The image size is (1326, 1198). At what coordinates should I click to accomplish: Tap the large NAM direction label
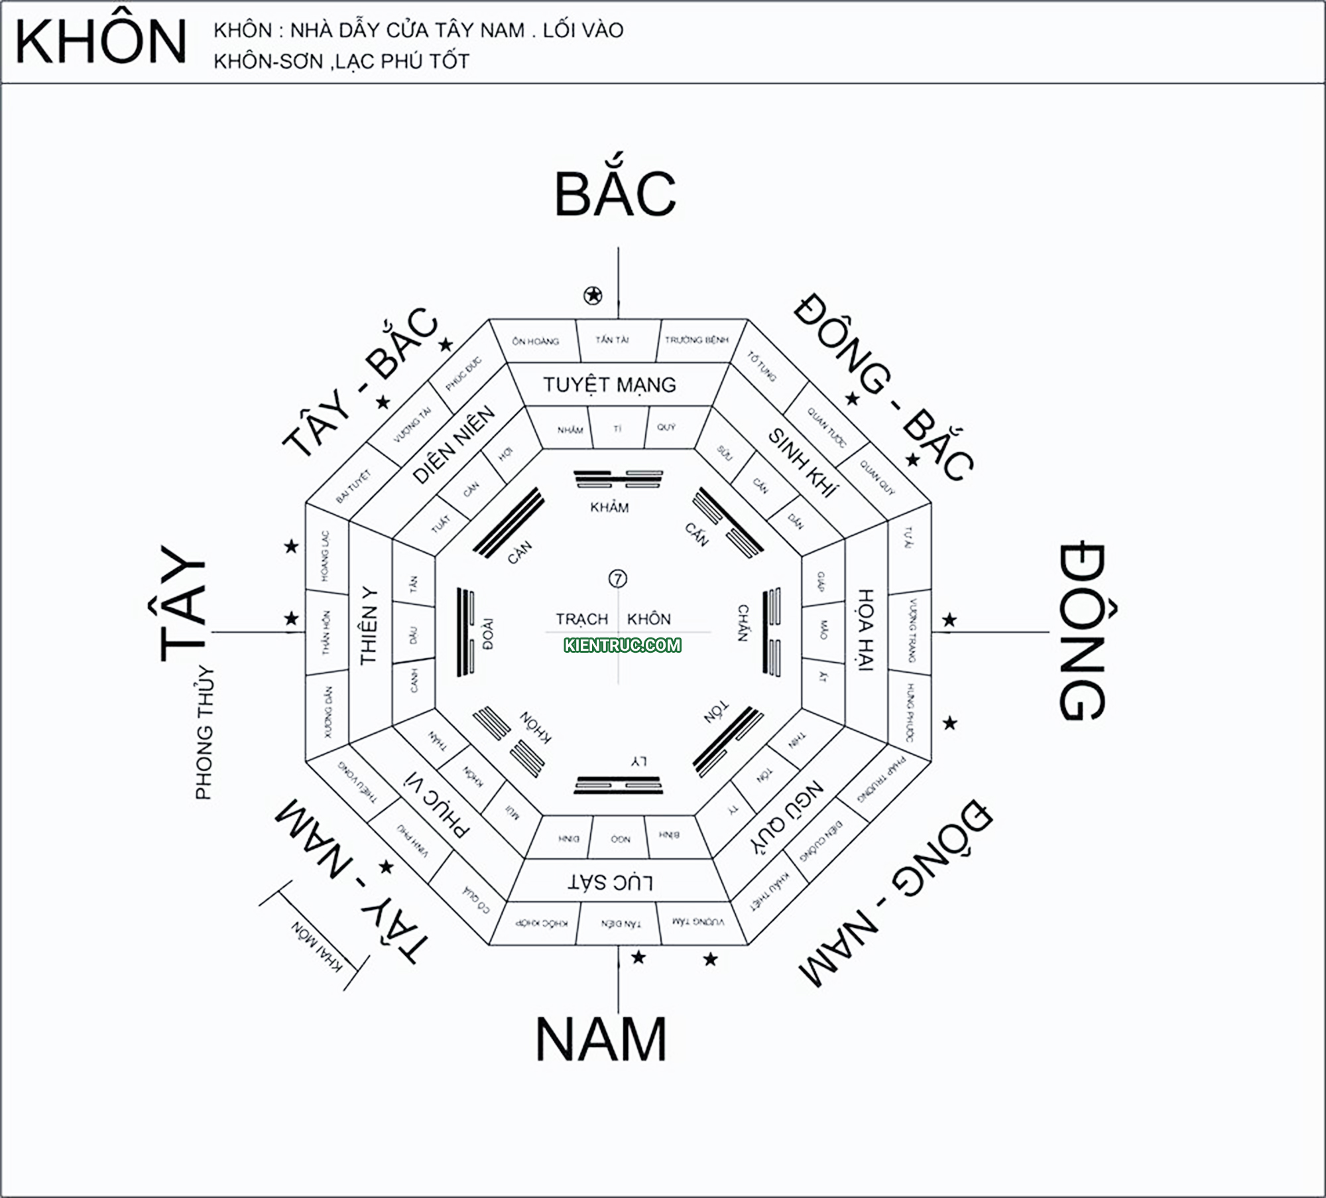click(x=601, y=1039)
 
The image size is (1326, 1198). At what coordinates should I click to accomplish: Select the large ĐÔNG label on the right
click(x=1081, y=632)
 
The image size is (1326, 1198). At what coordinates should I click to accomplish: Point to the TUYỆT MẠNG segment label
click(x=609, y=385)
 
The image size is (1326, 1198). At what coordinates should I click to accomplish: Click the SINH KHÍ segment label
click(x=803, y=462)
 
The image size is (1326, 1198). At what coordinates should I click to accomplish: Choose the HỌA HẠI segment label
click(x=865, y=630)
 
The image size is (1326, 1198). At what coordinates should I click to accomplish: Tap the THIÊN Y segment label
click(x=369, y=626)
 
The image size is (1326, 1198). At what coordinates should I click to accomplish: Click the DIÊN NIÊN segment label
click(x=453, y=444)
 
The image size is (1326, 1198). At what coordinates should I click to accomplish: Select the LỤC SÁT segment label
click(x=611, y=882)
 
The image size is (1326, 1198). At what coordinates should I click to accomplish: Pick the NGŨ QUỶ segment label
click(x=787, y=816)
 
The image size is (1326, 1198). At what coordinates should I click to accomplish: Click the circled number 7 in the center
click(x=617, y=579)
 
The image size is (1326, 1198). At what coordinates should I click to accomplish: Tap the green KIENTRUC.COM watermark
click(x=622, y=645)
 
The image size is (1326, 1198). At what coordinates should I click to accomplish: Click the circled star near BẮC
click(x=593, y=295)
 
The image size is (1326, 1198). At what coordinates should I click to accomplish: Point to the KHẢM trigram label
click(x=609, y=507)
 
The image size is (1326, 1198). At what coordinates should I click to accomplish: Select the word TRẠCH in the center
click(x=581, y=619)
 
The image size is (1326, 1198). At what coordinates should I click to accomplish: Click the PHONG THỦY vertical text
click(x=205, y=733)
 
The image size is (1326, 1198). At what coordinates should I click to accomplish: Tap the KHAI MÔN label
click(x=317, y=947)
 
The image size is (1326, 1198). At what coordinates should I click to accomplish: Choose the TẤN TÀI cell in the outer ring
click(x=612, y=340)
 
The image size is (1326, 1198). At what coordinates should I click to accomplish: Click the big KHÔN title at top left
click(x=101, y=42)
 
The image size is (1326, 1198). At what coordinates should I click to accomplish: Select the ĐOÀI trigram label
click(x=488, y=634)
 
